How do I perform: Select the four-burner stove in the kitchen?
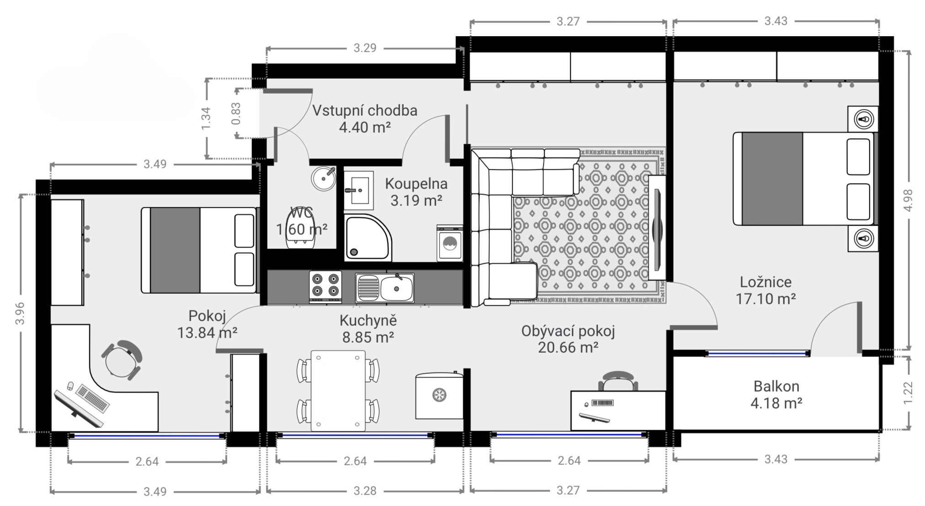click(326, 287)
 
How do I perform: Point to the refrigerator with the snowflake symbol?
click(439, 395)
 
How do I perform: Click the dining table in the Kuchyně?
click(338, 391)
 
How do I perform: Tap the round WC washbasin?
click(324, 178)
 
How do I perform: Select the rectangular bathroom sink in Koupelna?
click(358, 188)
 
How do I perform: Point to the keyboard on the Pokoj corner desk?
click(93, 398)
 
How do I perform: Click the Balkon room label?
click(776, 386)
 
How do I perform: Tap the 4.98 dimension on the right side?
click(908, 200)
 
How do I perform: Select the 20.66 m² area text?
click(568, 348)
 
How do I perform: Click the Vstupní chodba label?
click(365, 110)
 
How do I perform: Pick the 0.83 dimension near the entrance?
click(236, 113)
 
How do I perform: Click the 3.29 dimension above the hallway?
click(365, 48)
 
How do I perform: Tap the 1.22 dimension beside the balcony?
click(908, 393)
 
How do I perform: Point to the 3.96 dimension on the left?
click(20, 313)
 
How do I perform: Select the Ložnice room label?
click(766, 282)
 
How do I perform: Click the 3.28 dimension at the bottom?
click(365, 491)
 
